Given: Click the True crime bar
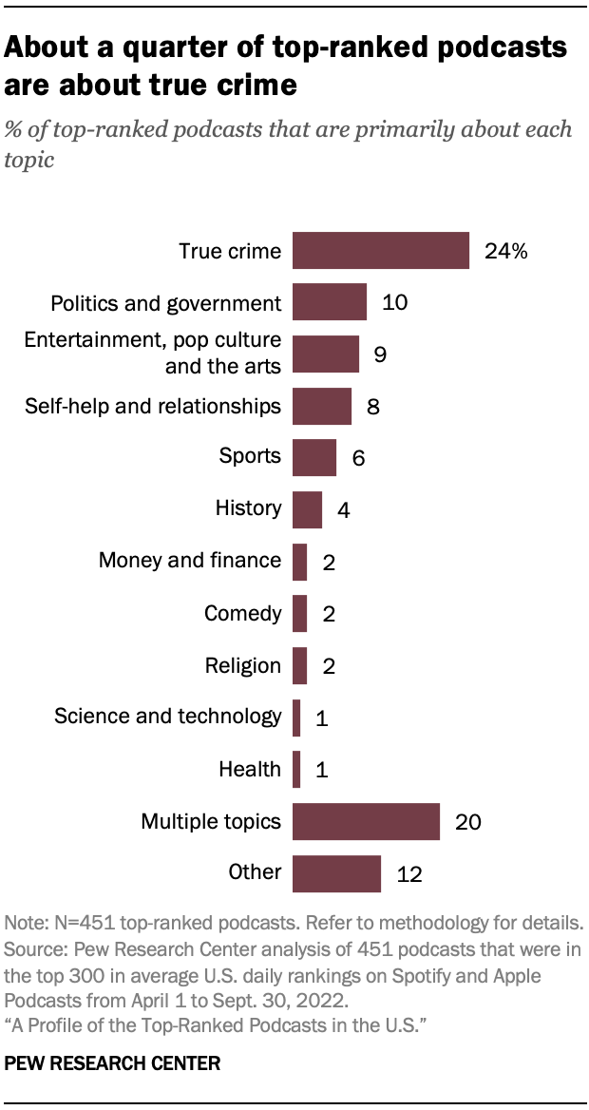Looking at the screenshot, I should point(380,251).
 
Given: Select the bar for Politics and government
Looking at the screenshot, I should point(329,302).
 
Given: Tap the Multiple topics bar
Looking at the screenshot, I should point(366,821).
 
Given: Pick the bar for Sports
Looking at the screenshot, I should point(313,457).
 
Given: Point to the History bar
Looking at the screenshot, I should point(307,509).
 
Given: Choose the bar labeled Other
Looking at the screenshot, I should point(336,872).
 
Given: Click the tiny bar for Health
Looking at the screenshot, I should point(296,769).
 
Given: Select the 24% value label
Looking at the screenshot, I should point(504,252).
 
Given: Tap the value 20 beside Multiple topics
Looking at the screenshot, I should point(468,822).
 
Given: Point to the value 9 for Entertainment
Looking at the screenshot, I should point(380,354).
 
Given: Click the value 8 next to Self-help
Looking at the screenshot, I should point(372,407).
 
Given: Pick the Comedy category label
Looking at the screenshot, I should point(242,613).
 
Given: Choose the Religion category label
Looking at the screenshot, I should point(242,665).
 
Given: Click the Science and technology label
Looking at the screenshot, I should point(167,717).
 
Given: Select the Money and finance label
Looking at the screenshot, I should point(189,561).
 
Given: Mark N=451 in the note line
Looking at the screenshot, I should point(77,923).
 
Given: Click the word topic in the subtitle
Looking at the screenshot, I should point(28,160).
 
